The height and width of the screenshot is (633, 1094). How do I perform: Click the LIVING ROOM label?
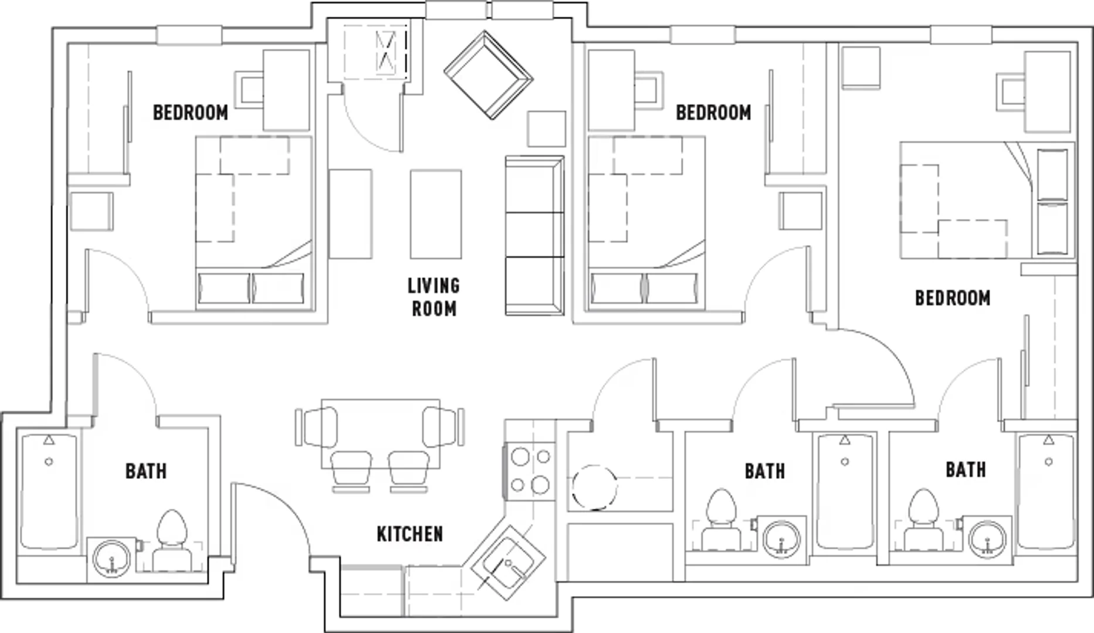pos(434,297)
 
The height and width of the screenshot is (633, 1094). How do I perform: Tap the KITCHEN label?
pos(409,534)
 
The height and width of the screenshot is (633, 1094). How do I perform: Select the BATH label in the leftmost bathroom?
pos(146,471)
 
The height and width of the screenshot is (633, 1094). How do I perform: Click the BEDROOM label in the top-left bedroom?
pos(191,113)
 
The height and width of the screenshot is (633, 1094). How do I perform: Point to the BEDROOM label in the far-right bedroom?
pos(953,298)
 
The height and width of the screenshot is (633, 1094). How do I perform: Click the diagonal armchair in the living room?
pos(488,75)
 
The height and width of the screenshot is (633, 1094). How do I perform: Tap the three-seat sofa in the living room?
pos(534,236)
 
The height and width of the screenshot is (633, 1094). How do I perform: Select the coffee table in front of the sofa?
pos(436,214)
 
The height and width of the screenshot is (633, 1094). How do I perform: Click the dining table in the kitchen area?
pos(381,434)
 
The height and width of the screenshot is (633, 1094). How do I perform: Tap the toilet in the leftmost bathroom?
pos(172,540)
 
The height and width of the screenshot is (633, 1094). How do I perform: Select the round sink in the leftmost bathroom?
pos(112,559)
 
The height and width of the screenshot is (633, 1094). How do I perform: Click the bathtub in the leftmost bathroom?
pos(49,492)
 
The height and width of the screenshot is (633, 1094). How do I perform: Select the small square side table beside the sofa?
pos(546,128)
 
